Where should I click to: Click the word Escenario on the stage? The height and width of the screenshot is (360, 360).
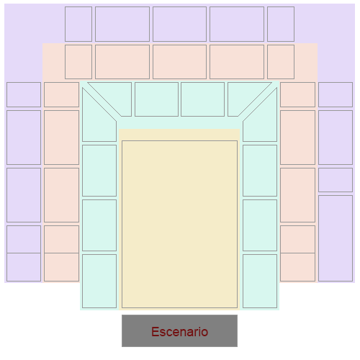pyautogui.click(x=179, y=332)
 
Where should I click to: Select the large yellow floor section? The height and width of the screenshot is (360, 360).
pyautogui.click(x=179, y=224)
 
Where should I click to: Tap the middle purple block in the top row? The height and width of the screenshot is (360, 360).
pyautogui.click(x=179, y=24)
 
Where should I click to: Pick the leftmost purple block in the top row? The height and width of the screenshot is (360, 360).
pyautogui.click(x=78, y=24)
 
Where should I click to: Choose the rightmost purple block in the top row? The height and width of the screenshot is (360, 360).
pyautogui.click(x=281, y=24)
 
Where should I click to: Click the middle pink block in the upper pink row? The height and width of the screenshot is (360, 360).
pyautogui.click(x=179, y=62)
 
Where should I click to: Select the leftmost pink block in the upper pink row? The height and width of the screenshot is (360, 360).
pyautogui.click(x=78, y=62)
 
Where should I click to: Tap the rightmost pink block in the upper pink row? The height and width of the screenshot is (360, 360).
pyautogui.click(x=281, y=62)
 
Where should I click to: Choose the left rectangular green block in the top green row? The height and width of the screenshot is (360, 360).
pyautogui.click(x=156, y=99)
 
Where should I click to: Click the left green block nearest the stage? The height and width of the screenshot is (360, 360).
pyautogui.click(x=99, y=281)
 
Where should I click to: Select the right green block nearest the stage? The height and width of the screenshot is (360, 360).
pyautogui.click(x=260, y=281)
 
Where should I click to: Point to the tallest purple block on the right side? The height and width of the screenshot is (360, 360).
pyautogui.click(x=336, y=238)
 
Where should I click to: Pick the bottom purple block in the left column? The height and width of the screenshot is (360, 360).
pyautogui.click(x=24, y=267)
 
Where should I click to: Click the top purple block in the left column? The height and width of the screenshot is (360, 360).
pyautogui.click(x=24, y=94)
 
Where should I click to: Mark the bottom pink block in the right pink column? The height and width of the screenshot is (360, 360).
pyautogui.click(x=297, y=267)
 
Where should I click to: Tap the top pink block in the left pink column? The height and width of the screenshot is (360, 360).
pyautogui.click(x=61, y=94)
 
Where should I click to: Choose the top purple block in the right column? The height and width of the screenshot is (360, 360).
pyautogui.click(x=336, y=94)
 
